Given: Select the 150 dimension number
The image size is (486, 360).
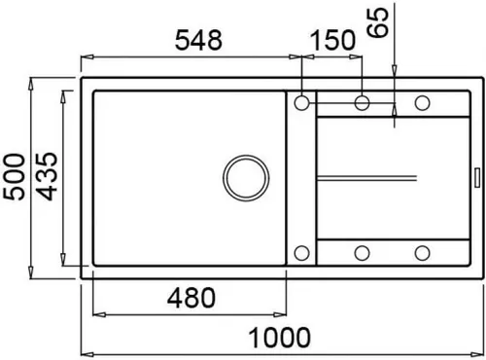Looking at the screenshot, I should coord(330,41).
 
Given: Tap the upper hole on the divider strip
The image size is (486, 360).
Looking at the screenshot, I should coord(301,102).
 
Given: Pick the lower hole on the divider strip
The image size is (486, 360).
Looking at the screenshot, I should coord(301,253).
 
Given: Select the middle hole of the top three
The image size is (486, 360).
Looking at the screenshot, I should coord(363,102).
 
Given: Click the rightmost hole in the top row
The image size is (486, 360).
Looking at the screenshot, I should coord(423,102).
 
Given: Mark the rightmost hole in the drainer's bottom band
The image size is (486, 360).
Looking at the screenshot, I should coord(423,253).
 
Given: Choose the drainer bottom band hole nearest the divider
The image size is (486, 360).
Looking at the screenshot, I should coord(363,253).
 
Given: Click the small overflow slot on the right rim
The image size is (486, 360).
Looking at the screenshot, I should coord(475,177).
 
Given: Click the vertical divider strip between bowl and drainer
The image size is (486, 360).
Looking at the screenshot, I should coord(300,177).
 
